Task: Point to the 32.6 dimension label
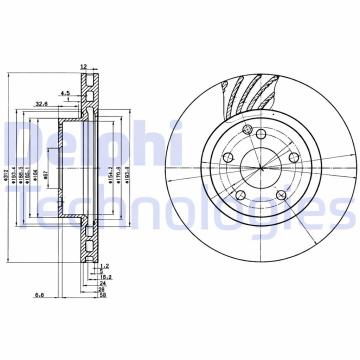41,102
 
